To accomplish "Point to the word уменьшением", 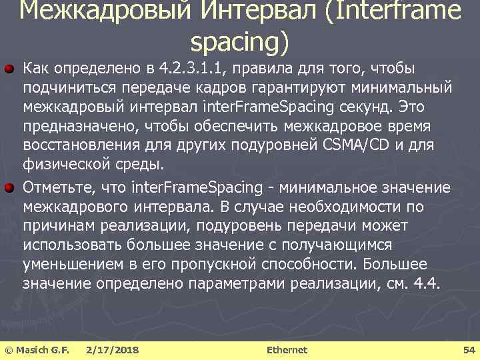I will point(73,264).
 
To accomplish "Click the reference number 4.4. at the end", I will point(427,283).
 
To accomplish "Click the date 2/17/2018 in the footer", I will point(113,349).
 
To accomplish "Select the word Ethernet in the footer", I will point(287,349).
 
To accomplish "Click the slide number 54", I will point(468,349).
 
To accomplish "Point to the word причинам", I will point(57,226).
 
